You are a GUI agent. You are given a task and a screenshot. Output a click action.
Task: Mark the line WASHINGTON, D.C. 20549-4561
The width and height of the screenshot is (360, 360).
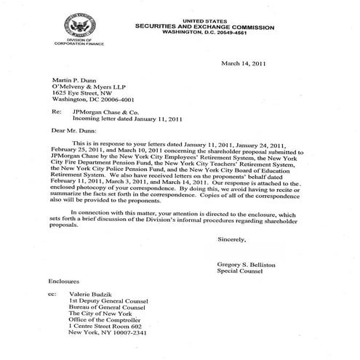pyautogui.click(x=202, y=33)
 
